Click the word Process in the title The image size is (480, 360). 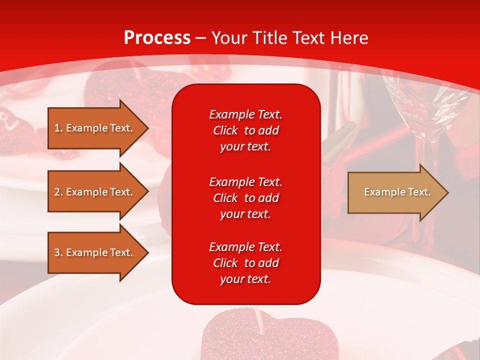click(157, 38)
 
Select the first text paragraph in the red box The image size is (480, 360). click(245, 130)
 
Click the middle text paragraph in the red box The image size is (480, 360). click(245, 197)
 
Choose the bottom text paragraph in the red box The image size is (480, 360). click(245, 263)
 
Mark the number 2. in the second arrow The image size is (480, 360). click(58, 192)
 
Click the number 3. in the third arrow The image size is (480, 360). click(58, 252)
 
